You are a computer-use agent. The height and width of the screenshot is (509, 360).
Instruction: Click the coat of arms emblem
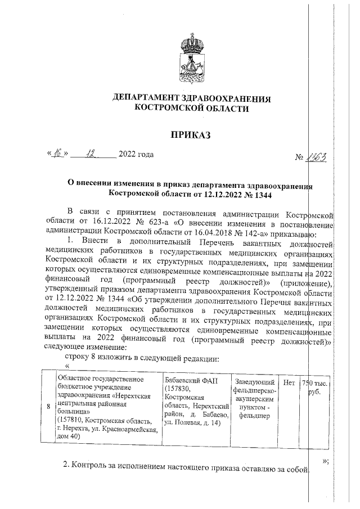pos(192,58)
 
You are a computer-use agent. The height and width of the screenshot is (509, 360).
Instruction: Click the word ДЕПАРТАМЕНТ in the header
pos(148,98)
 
